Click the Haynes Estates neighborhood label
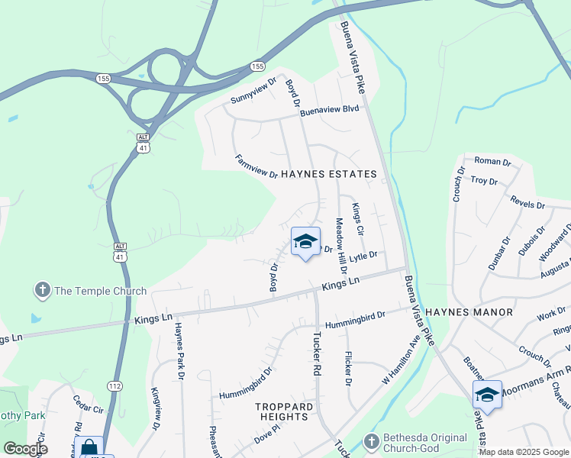328,174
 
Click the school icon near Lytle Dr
305,242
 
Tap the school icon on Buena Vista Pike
487,395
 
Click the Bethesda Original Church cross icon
372,443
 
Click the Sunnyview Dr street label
253,92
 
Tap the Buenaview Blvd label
329,110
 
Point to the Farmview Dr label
256,166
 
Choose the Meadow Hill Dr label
341,246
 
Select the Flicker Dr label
348,368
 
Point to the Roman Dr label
492,161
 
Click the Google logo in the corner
25,449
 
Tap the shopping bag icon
89,447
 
